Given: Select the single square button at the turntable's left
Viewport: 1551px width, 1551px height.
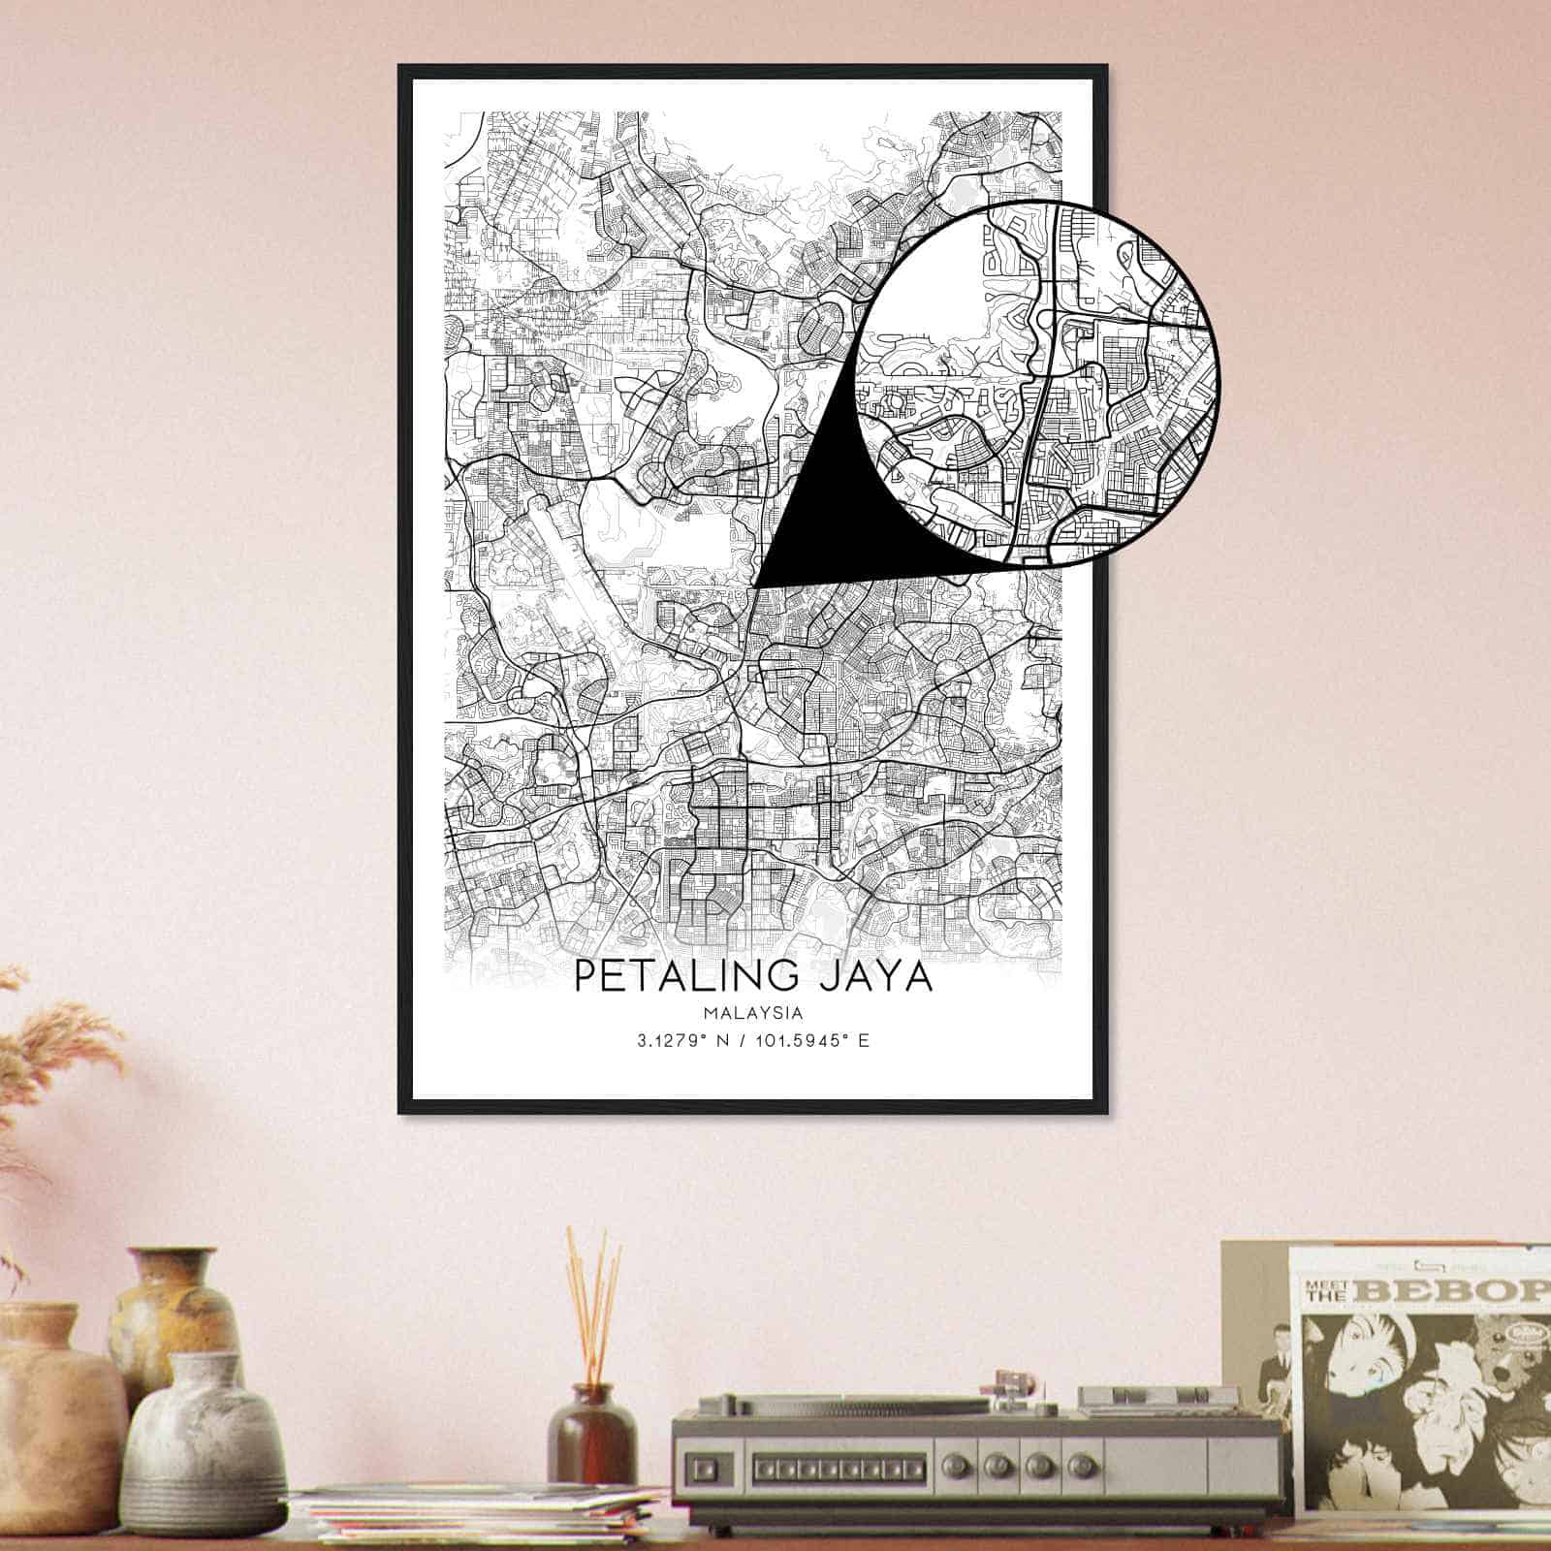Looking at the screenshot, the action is coord(702,1464).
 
